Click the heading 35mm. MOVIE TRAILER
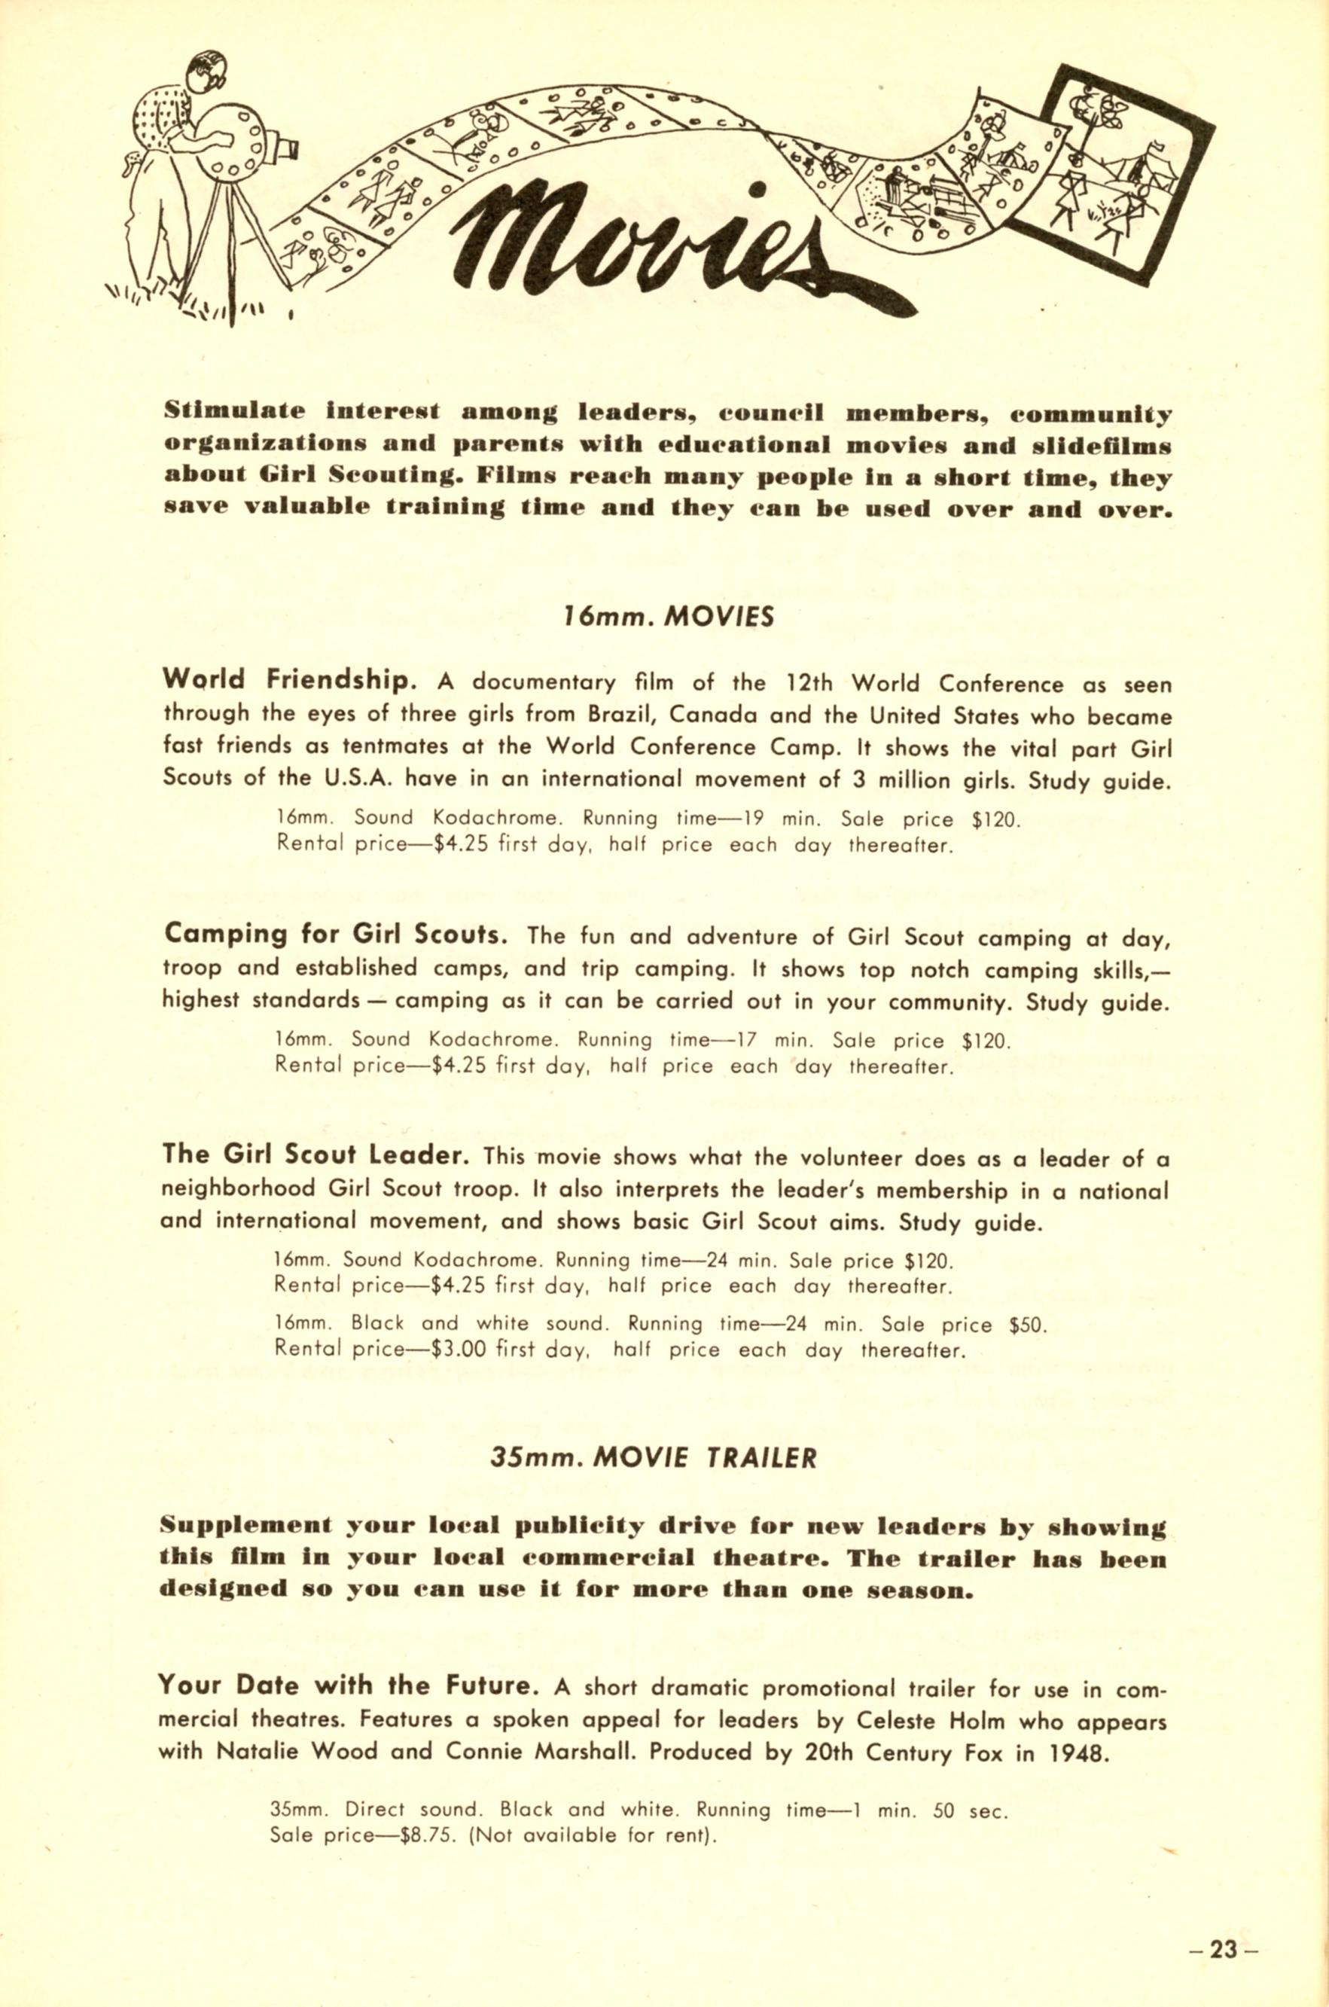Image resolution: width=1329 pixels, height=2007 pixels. [x=654, y=1458]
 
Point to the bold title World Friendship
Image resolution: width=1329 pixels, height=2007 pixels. [x=289, y=680]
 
